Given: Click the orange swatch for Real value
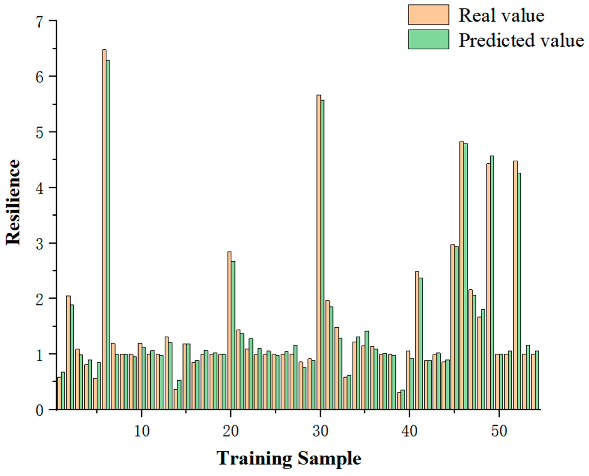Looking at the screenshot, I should tap(428, 15).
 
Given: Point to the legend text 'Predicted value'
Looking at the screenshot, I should tap(521, 40).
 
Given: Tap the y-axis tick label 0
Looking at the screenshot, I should tap(40, 411).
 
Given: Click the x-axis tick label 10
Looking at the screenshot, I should tap(142, 431).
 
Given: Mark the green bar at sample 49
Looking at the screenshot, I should tap(492, 282).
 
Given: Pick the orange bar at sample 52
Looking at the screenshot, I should tap(515, 285).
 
